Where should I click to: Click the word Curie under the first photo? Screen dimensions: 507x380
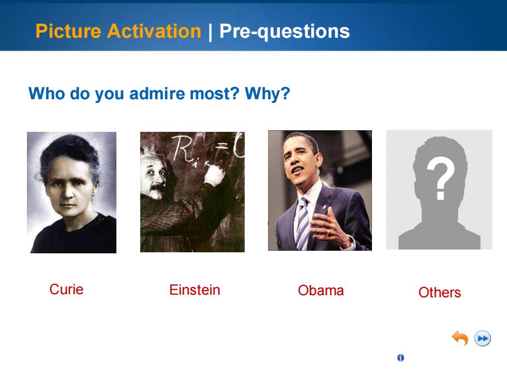click(x=66, y=289)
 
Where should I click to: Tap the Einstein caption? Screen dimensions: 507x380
click(x=195, y=290)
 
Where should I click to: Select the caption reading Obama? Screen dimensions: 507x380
click(x=321, y=291)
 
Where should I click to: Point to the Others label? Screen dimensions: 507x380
click(x=439, y=293)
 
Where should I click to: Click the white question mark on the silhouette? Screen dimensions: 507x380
click(x=440, y=178)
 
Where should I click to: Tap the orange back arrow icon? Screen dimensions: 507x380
click(x=460, y=338)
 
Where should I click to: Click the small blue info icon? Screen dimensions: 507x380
click(x=400, y=358)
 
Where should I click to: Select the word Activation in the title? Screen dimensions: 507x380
click(x=154, y=31)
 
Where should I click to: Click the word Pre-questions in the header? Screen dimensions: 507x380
click(x=285, y=32)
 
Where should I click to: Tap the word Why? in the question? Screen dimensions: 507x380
click(x=267, y=94)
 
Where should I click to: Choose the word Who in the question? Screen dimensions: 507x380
click(x=47, y=94)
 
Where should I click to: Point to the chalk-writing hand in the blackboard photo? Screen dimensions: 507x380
click(x=214, y=175)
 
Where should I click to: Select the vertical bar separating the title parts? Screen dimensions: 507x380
click(x=211, y=32)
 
